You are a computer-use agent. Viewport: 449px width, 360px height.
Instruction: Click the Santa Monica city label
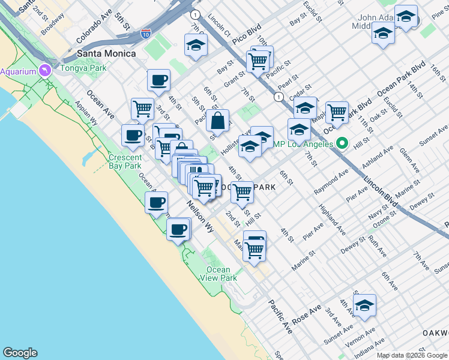click(x=106, y=53)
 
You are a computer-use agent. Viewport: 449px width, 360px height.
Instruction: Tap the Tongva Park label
click(x=86, y=68)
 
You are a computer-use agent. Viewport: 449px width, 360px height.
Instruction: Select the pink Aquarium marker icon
click(x=44, y=71)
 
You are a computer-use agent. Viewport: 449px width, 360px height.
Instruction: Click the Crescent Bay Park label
click(x=125, y=161)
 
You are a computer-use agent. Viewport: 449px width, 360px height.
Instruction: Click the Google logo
click(x=20, y=353)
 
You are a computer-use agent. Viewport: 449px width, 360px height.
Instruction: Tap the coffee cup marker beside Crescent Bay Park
click(x=132, y=135)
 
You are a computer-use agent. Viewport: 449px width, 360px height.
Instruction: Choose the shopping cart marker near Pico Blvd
click(x=258, y=59)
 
